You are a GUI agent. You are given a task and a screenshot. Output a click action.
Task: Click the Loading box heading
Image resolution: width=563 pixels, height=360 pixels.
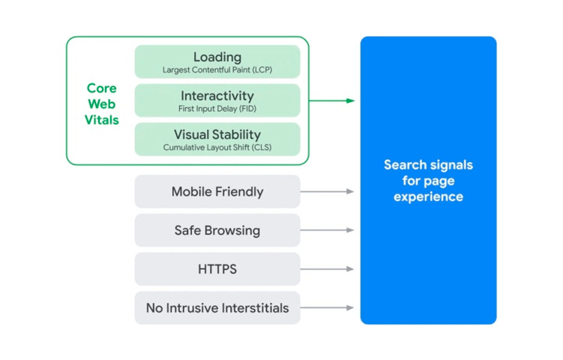click(x=217, y=57)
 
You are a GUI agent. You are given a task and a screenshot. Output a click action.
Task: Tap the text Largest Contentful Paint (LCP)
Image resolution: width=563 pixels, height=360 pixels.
click(x=217, y=70)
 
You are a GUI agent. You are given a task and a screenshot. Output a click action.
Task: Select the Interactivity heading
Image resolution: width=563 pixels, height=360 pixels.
click(x=217, y=96)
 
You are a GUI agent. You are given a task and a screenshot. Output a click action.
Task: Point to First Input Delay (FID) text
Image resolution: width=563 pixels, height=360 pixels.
click(x=217, y=109)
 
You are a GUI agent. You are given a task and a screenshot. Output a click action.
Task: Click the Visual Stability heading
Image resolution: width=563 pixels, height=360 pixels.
click(x=217, y=135)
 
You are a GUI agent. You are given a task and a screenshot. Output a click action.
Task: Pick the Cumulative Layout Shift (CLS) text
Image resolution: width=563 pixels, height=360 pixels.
click(x=217, y=147)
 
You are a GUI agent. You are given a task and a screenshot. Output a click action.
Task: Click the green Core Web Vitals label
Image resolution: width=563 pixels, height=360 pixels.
click(x=102, y=103)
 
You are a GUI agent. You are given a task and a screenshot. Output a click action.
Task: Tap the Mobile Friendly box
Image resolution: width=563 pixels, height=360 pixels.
click(x=217, y=191)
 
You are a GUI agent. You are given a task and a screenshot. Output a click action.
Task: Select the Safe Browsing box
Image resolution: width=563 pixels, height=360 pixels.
click(x=217, y=230)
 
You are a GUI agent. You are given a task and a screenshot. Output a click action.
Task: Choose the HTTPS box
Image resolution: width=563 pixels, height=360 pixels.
click(x=217, y=269)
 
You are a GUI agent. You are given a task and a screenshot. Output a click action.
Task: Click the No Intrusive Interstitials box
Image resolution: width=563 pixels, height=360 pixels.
click(x=217, y=308)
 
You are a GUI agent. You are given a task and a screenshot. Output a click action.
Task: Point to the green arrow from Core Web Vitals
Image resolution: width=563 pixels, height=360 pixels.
click(x=332, y=100)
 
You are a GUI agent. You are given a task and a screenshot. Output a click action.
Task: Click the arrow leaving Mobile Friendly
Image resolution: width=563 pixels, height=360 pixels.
click(x=327, y=191)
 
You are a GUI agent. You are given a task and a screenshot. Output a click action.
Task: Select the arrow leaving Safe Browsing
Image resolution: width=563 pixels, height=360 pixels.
click(x=327, y=230)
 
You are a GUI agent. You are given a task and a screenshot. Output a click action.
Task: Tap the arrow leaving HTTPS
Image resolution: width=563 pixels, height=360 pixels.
click(x=327, y=268)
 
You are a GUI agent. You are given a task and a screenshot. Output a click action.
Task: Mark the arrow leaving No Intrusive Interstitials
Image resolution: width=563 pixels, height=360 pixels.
click(x=327, y=307)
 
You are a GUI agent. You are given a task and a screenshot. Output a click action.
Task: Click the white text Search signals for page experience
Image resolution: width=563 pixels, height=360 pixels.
click(x=428, y=181)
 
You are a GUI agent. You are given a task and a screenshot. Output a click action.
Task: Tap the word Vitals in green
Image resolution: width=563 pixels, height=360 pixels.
click(x=102, y=120)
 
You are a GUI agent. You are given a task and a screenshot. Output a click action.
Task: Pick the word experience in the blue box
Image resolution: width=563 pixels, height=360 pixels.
click(x=428, y=197)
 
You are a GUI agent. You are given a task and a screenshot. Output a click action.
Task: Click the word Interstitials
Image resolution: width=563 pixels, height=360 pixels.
click(x=256, y=308)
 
